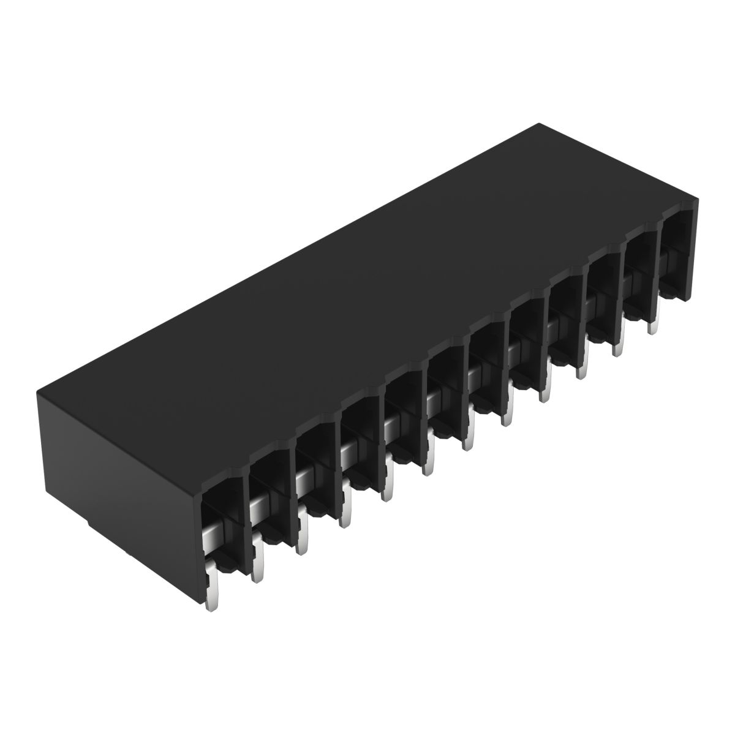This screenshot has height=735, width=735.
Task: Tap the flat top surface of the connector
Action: (x=367, y=288)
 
